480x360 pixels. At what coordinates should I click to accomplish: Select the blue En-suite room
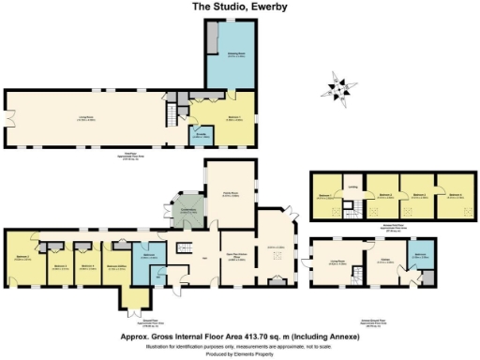(200, 136)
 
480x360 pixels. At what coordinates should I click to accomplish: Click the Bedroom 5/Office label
(117, 267)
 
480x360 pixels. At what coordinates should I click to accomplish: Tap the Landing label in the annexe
(353, 187)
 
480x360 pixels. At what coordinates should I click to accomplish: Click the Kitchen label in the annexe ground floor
(384, 262)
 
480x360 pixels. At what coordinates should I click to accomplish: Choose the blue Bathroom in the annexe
(419, 256)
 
